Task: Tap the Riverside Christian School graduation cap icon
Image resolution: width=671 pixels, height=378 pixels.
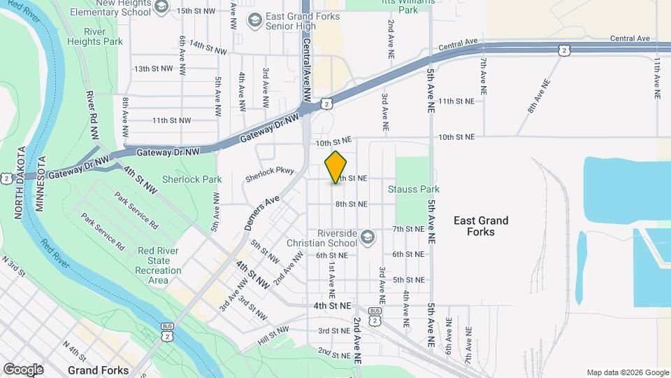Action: click(x=368, y=238)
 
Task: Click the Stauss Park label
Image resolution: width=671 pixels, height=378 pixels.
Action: click(x=414, y=189)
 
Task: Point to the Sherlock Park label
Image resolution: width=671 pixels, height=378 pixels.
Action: click(x=192, y=179)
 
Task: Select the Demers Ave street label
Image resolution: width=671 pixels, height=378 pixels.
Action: click(x=261, y=213)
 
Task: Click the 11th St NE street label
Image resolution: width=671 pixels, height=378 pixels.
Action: click(x=456, y=101)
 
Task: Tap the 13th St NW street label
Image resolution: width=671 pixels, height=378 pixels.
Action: click(x=153, y=69)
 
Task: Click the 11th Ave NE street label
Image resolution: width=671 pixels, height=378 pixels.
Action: click(x=657, y=76)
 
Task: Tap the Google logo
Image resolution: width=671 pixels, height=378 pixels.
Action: click(x=22, y=370)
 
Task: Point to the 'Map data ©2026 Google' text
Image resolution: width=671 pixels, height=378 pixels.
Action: click(x=628, y=372)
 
